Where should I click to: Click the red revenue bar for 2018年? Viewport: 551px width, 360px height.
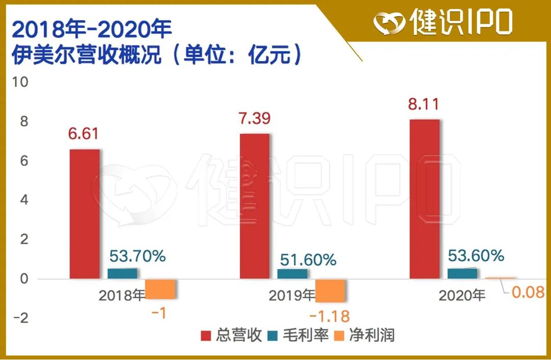[85, 214]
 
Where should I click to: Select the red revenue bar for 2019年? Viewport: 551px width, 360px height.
[255, 206]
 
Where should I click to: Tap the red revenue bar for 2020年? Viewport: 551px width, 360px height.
[424, 199]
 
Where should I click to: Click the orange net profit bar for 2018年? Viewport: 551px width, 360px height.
[161, 289]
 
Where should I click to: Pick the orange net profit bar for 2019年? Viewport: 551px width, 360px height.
[331, 291]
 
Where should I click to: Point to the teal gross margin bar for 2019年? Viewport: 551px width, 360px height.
[292, 274]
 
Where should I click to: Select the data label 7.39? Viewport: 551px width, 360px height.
[254, 118]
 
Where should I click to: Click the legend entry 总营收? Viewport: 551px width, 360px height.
[233, 335]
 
